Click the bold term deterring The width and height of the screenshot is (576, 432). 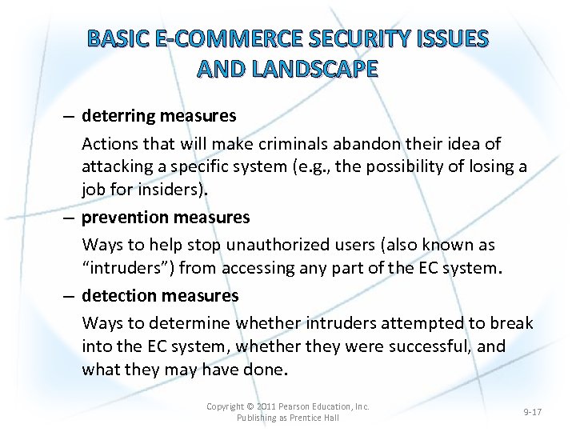[x=118, y=116]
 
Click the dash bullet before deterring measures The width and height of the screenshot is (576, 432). [x=70, y=116]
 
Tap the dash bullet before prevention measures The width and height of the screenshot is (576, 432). [x=70, y=217]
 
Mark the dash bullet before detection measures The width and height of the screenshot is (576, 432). [x=70, y=295]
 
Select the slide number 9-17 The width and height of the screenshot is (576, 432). [x=532, y=412]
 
